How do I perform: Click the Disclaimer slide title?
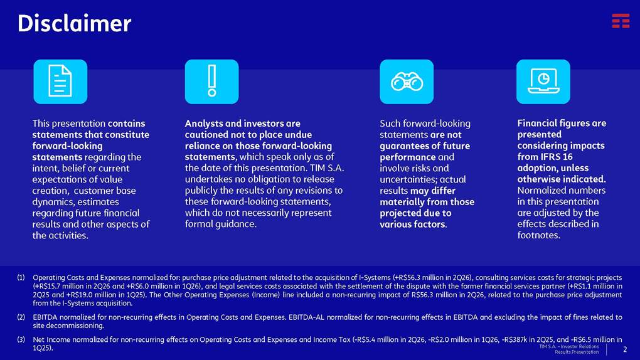click(74, 23)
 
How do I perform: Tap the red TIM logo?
click(621, 21)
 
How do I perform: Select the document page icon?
click(60, 82)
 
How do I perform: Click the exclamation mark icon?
click(212, 82)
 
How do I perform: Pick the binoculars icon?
click(407, 82)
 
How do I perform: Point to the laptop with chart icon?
click(543, 82)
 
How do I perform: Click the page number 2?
click(624, 349)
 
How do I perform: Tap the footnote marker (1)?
click(21, 278)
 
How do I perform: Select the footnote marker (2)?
click(21, 317)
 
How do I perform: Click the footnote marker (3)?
click(21, 339)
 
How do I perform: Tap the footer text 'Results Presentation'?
click(577, 352)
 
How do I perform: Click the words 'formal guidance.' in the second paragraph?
click(221, 224)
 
